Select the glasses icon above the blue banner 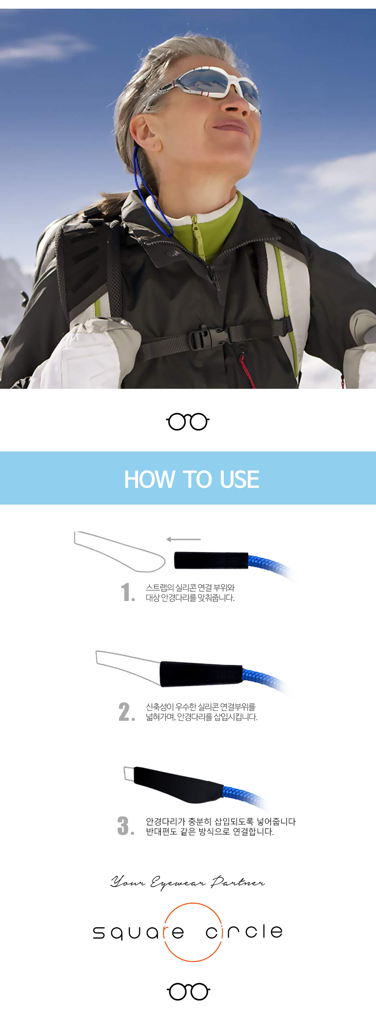coord(188,422)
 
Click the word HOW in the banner coord(150,479)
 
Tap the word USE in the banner coord(239,479)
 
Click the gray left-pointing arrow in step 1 coord(184,539)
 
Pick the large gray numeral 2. coord(127,711)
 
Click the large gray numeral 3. coord(126,826)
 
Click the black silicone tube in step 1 coord(211,560)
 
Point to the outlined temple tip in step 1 coord(119,551)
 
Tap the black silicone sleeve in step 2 coord(201,674)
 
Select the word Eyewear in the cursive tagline coord(178,883)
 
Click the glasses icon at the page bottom coord(188,991)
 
